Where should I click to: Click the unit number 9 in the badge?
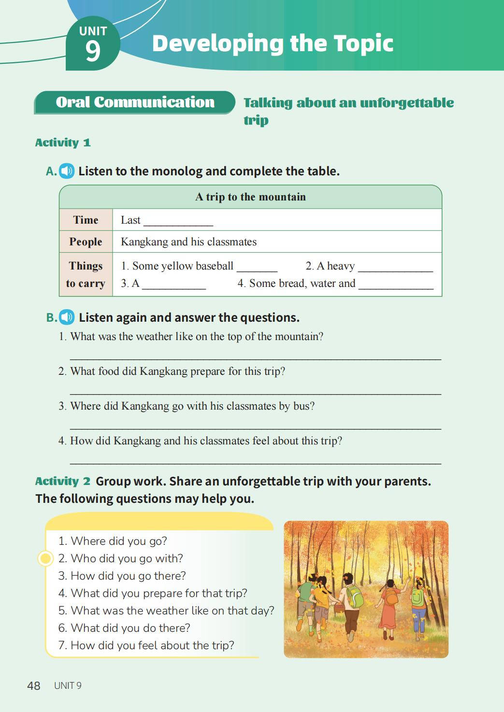coord(93,50)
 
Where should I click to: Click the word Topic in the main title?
coord(363,43)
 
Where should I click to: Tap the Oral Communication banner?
coord(135,102)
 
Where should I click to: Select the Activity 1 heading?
coord(63,142)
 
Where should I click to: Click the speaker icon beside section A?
coord(67,171)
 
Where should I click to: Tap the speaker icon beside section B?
coord(67,317)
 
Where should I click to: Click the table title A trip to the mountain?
coord(250,197)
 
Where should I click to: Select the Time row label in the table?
coord(86,220)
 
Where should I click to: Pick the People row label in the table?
coord(86,242)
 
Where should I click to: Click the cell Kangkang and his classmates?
coord(188,242)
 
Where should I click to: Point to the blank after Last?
coord(178,222)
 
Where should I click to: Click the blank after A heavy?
coord(395,268)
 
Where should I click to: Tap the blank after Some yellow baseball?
coord(257,268)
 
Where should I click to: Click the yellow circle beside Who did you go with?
coord(45,558)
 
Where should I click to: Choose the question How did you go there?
coord(128,576)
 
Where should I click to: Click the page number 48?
coord(34,685)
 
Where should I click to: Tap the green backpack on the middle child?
coord(356,597)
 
